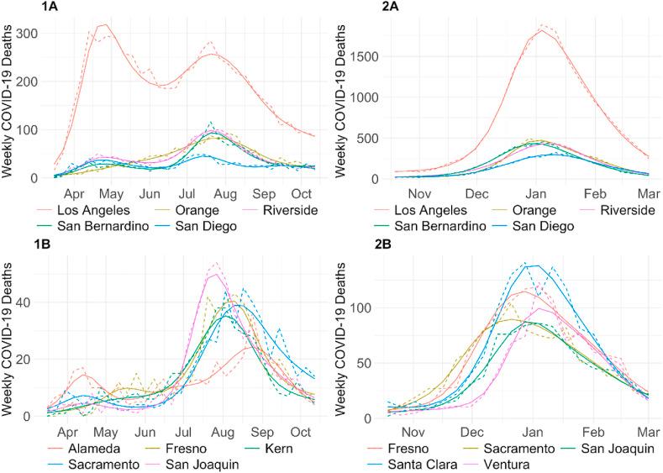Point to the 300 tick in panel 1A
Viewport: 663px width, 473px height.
pos(34,34)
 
